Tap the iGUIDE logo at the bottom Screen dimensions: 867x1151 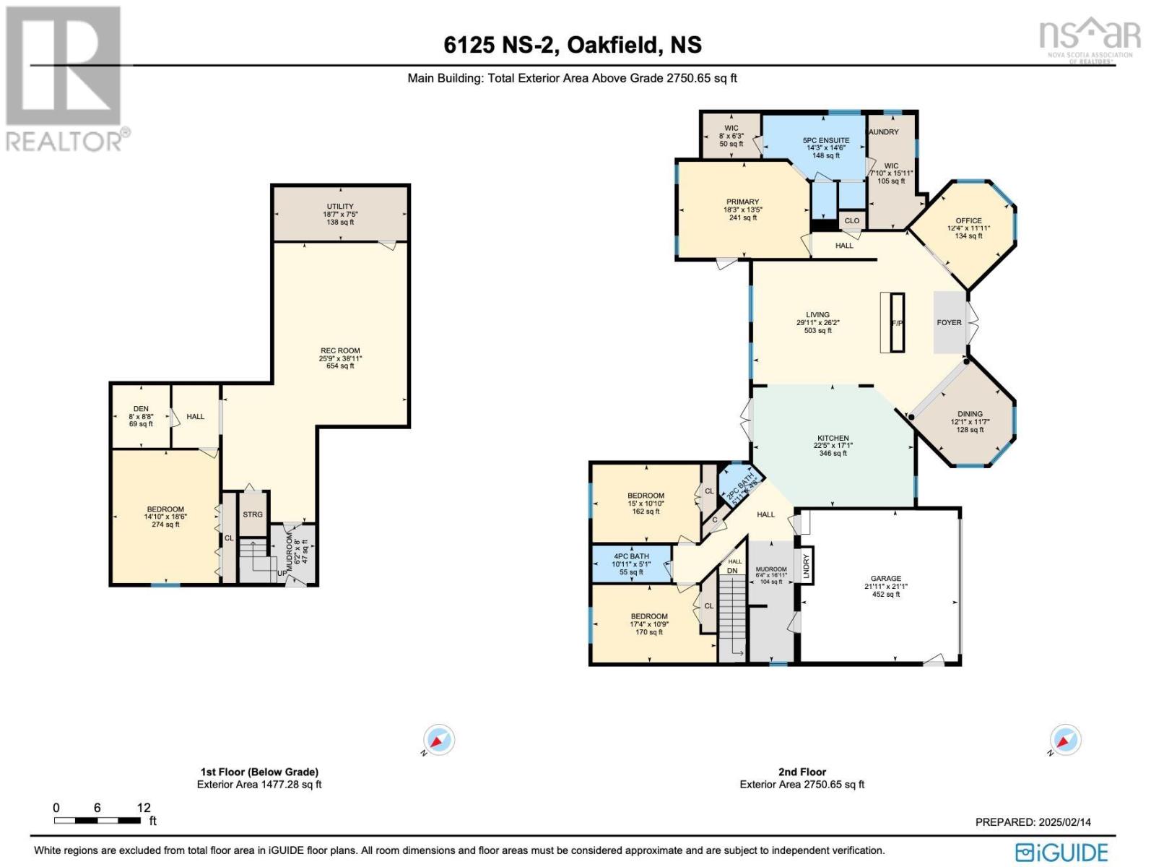1061,851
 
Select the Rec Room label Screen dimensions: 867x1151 340,351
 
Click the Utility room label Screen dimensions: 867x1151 340,207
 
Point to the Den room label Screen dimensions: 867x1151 141,409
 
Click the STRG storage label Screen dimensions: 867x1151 253,515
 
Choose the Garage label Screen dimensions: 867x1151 885,579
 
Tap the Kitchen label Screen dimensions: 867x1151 833,439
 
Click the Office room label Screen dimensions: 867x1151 968,221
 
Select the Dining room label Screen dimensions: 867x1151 970,415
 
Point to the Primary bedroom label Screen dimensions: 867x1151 742,202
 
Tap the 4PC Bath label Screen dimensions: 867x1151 630,556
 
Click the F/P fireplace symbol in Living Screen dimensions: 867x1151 896,323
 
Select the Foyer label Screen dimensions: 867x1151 949,323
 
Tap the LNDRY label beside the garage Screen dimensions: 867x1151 807,566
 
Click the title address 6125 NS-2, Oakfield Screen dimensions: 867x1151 573,45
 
